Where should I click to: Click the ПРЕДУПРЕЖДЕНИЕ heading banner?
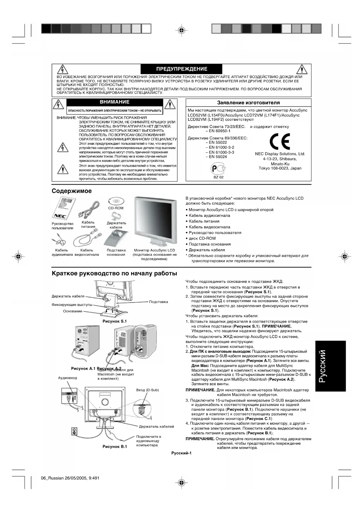tap(182, 69)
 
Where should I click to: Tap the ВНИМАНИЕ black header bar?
tap(115, 102)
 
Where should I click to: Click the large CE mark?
tap(280, 142)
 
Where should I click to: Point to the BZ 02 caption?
tap(218, 177)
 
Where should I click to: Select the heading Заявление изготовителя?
tap(248, 103)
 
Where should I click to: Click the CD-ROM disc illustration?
tap(116, 201)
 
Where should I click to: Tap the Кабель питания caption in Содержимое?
tap(88, 225)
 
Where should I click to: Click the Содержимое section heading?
tap(72, 191)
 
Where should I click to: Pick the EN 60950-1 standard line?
tap(219, 131)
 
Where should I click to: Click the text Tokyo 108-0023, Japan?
tap(280, 168)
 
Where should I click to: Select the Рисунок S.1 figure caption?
tap(115, 321)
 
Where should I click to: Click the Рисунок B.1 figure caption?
tap(115, 447)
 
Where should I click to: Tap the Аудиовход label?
tap(68, 378)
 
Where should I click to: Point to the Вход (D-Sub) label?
tap(147, 390)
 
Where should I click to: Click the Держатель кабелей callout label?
tap(156, 426)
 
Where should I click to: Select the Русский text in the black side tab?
tap(331, 366)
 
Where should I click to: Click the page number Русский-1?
tap(181, 453)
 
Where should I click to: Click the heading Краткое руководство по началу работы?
tap(114, 273)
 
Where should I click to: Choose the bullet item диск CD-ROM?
tap(202, 238)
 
